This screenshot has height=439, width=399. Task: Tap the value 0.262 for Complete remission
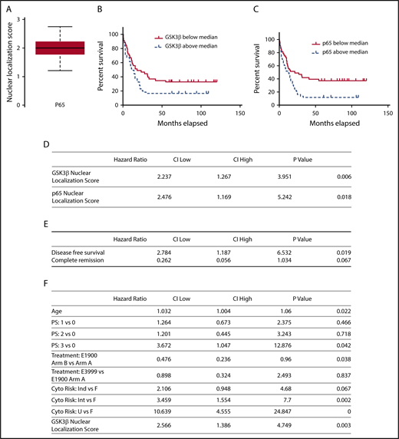[x=158, y=261]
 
